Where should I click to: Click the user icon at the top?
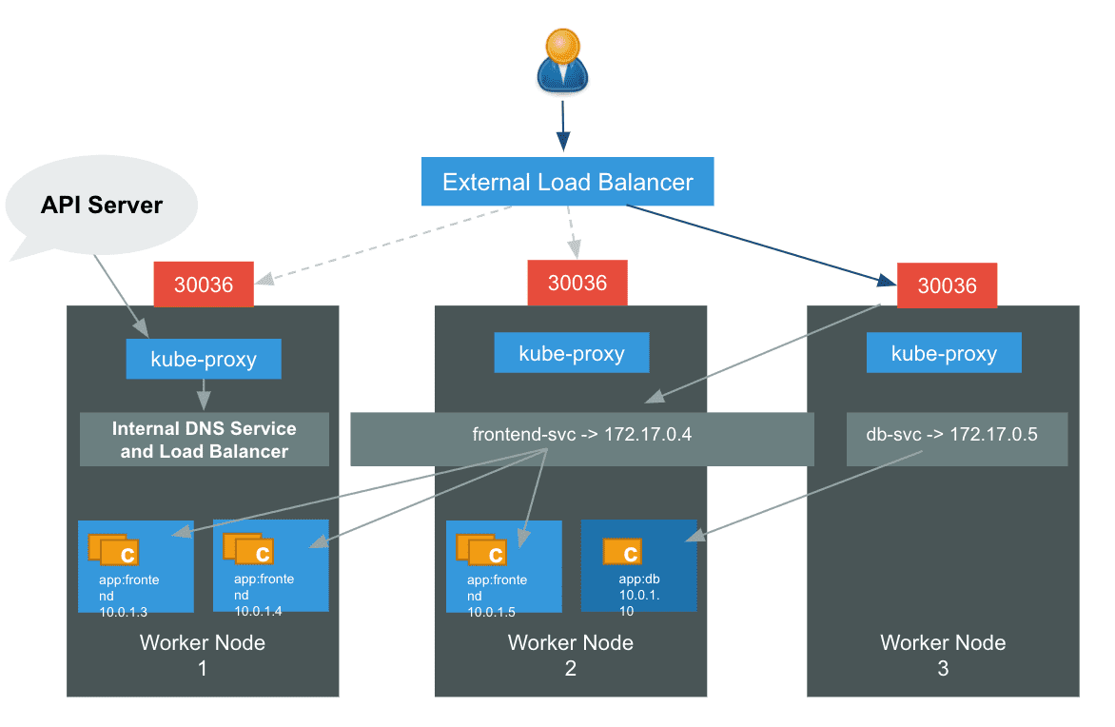562,61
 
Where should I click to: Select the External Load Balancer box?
567,182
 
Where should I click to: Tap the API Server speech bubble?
102,206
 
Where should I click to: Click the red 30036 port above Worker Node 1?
204,285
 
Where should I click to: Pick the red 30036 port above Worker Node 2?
577,283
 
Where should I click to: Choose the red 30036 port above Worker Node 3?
948,285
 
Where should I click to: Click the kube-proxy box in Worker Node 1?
204,359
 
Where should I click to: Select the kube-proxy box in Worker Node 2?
572,353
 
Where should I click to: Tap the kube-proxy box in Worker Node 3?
944,353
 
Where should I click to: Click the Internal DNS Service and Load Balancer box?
205,440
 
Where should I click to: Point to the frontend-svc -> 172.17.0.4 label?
581,434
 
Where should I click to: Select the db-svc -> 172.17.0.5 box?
957,440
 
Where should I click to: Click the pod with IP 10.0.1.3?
136,566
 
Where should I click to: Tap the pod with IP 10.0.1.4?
271,565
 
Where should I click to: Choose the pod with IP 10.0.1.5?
504,566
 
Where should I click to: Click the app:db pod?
638,565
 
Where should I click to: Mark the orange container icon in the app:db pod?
622,551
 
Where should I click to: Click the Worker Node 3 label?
943,655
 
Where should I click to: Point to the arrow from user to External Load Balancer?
563,126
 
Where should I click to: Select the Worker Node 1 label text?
203,655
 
